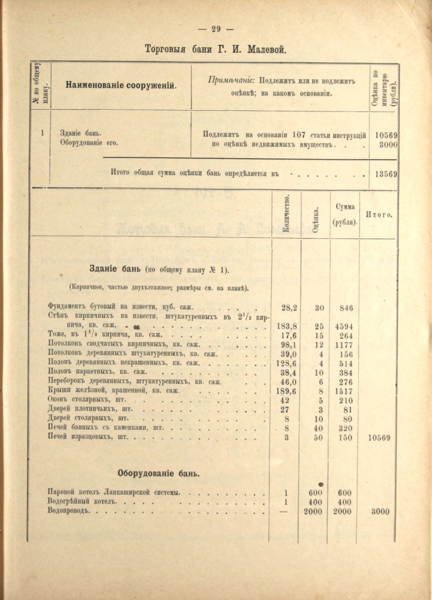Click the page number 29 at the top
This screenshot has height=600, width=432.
216,29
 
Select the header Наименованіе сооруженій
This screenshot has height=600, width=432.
121,86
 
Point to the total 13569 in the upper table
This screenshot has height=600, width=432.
386,174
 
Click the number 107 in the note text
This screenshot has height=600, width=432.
299,135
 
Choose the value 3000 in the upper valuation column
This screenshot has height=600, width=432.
388,144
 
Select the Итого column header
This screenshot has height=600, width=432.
379,215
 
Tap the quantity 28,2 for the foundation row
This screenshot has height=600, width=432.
289,308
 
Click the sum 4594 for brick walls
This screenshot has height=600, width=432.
344,326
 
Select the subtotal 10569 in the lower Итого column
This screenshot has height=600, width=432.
379,438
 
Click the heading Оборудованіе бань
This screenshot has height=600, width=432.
158,474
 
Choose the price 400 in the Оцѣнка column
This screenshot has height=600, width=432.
315,502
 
